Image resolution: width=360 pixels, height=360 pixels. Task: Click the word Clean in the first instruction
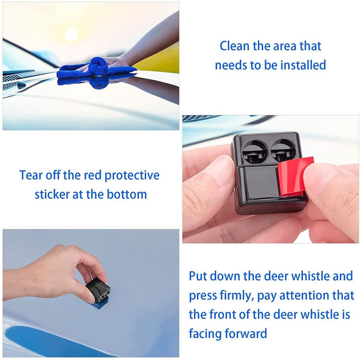pos(234,46)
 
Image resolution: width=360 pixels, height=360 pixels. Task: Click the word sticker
pos(52,194)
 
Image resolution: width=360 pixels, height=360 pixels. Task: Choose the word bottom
pos(127,194)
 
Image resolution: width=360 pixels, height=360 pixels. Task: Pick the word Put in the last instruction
pos(198,276)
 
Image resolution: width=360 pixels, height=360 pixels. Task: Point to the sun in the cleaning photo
pos(71,35)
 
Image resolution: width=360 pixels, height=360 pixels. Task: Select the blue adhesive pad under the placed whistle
pos(98,304)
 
